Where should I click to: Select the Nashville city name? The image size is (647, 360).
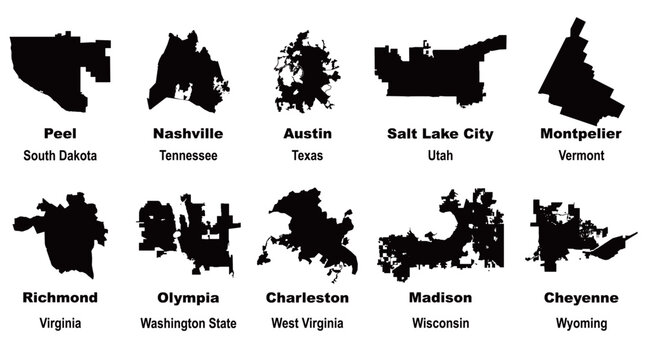188,133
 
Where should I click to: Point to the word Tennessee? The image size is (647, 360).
188,156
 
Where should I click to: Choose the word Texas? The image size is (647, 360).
307,156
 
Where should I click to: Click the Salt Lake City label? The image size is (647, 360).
440,133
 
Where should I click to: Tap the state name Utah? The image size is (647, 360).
440,156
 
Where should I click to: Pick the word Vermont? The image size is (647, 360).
581,156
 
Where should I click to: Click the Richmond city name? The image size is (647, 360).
60,298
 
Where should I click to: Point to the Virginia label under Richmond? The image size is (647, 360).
60,323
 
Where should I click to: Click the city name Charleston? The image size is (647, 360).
307,298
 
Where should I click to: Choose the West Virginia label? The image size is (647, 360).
307,323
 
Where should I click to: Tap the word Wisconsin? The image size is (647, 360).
440,323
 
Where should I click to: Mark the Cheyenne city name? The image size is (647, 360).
581,298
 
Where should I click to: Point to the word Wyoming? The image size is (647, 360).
581,323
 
